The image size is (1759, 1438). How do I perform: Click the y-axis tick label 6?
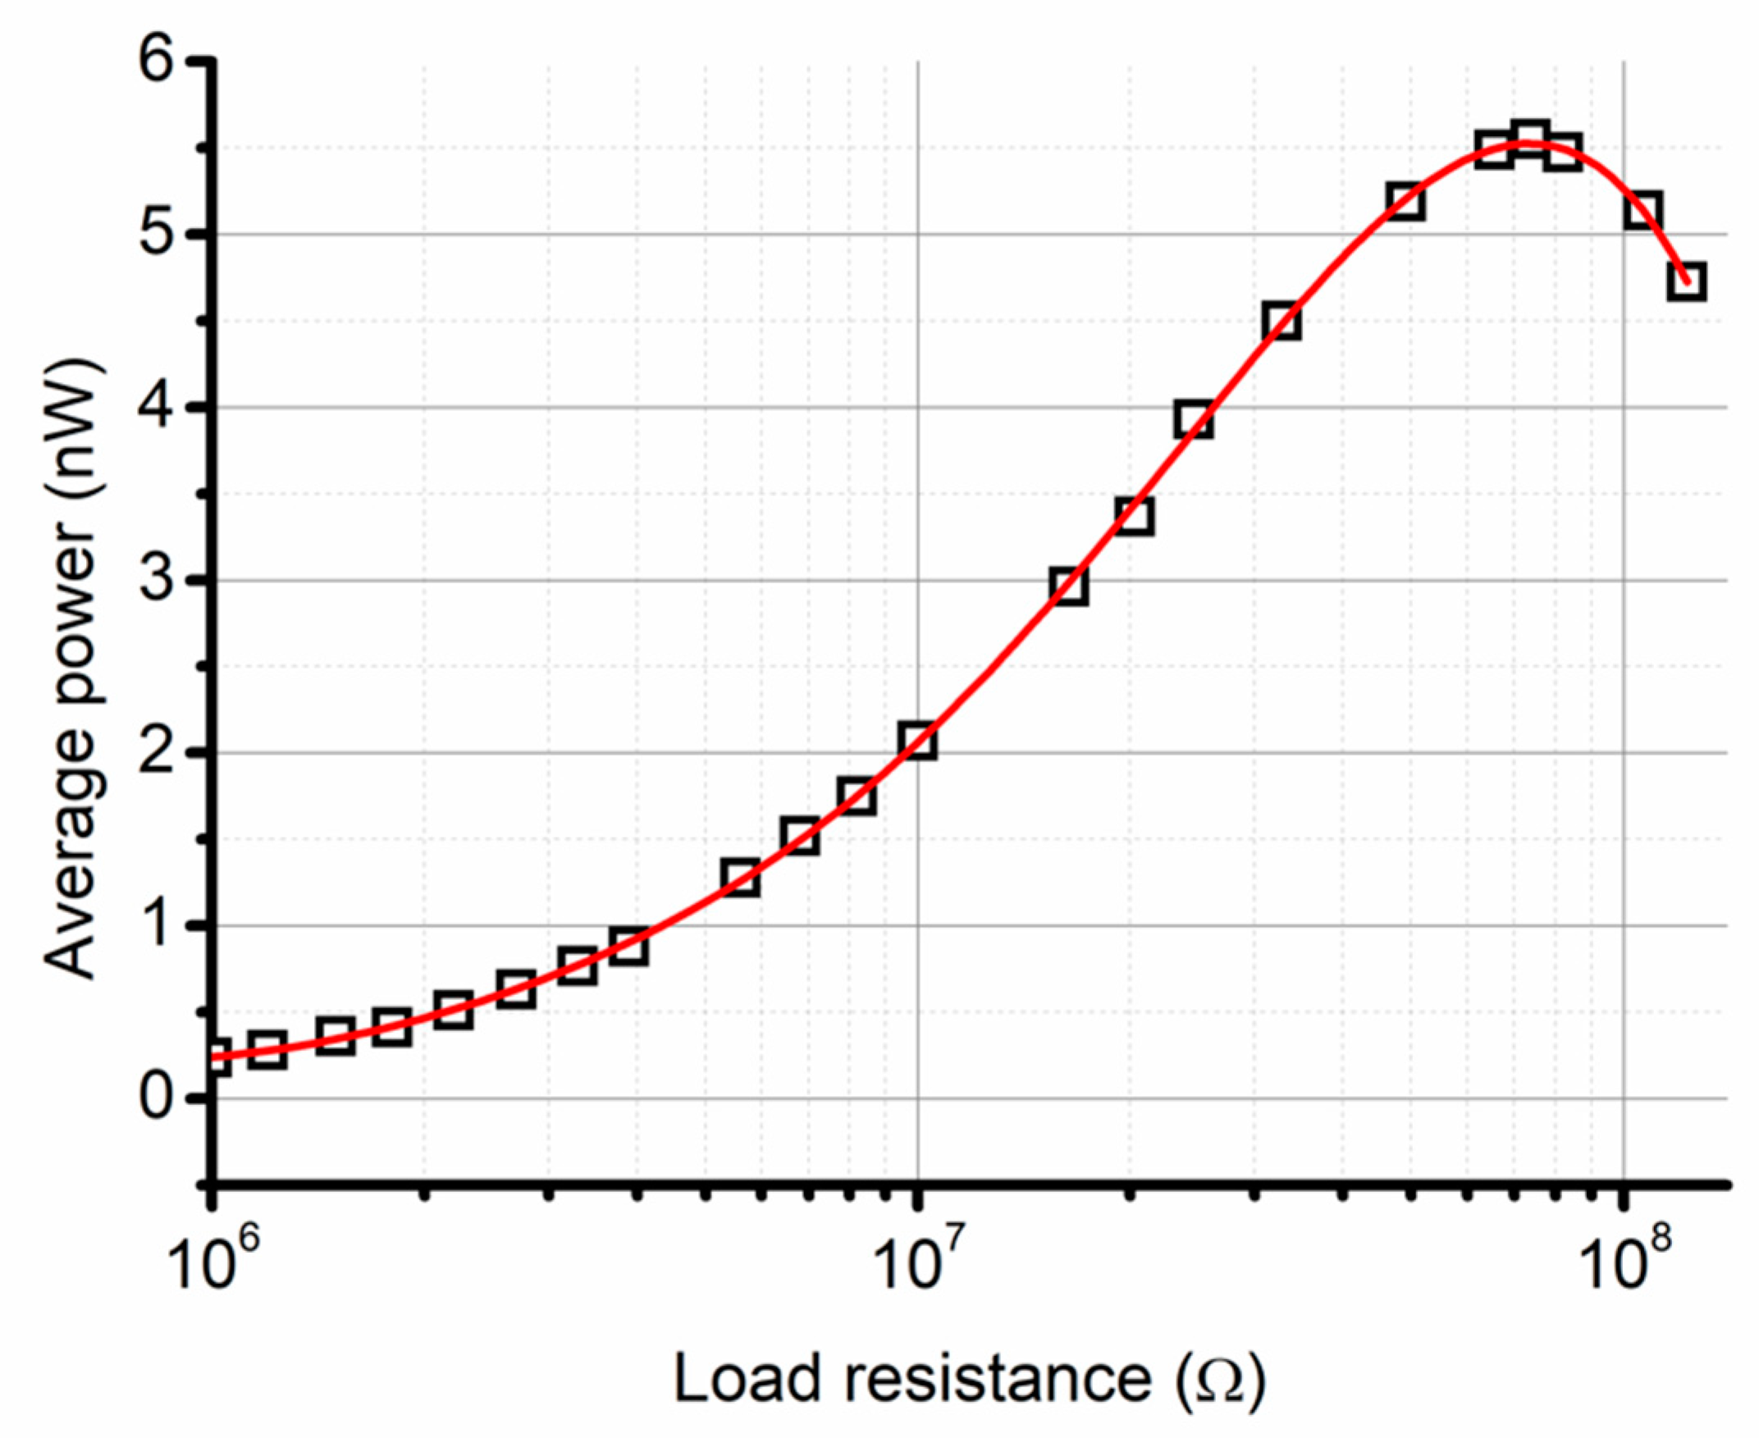click(x=159, y=63)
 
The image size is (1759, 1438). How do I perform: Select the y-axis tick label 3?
click(x=159, y=580)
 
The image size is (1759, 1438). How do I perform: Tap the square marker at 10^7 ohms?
click(x=918, y=740)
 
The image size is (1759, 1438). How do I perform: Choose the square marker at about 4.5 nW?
click(x=1282, y=322)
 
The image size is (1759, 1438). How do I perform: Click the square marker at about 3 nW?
click(x=1068, y=587)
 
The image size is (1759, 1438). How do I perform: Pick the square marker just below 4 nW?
click(x=1194, y=421)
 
